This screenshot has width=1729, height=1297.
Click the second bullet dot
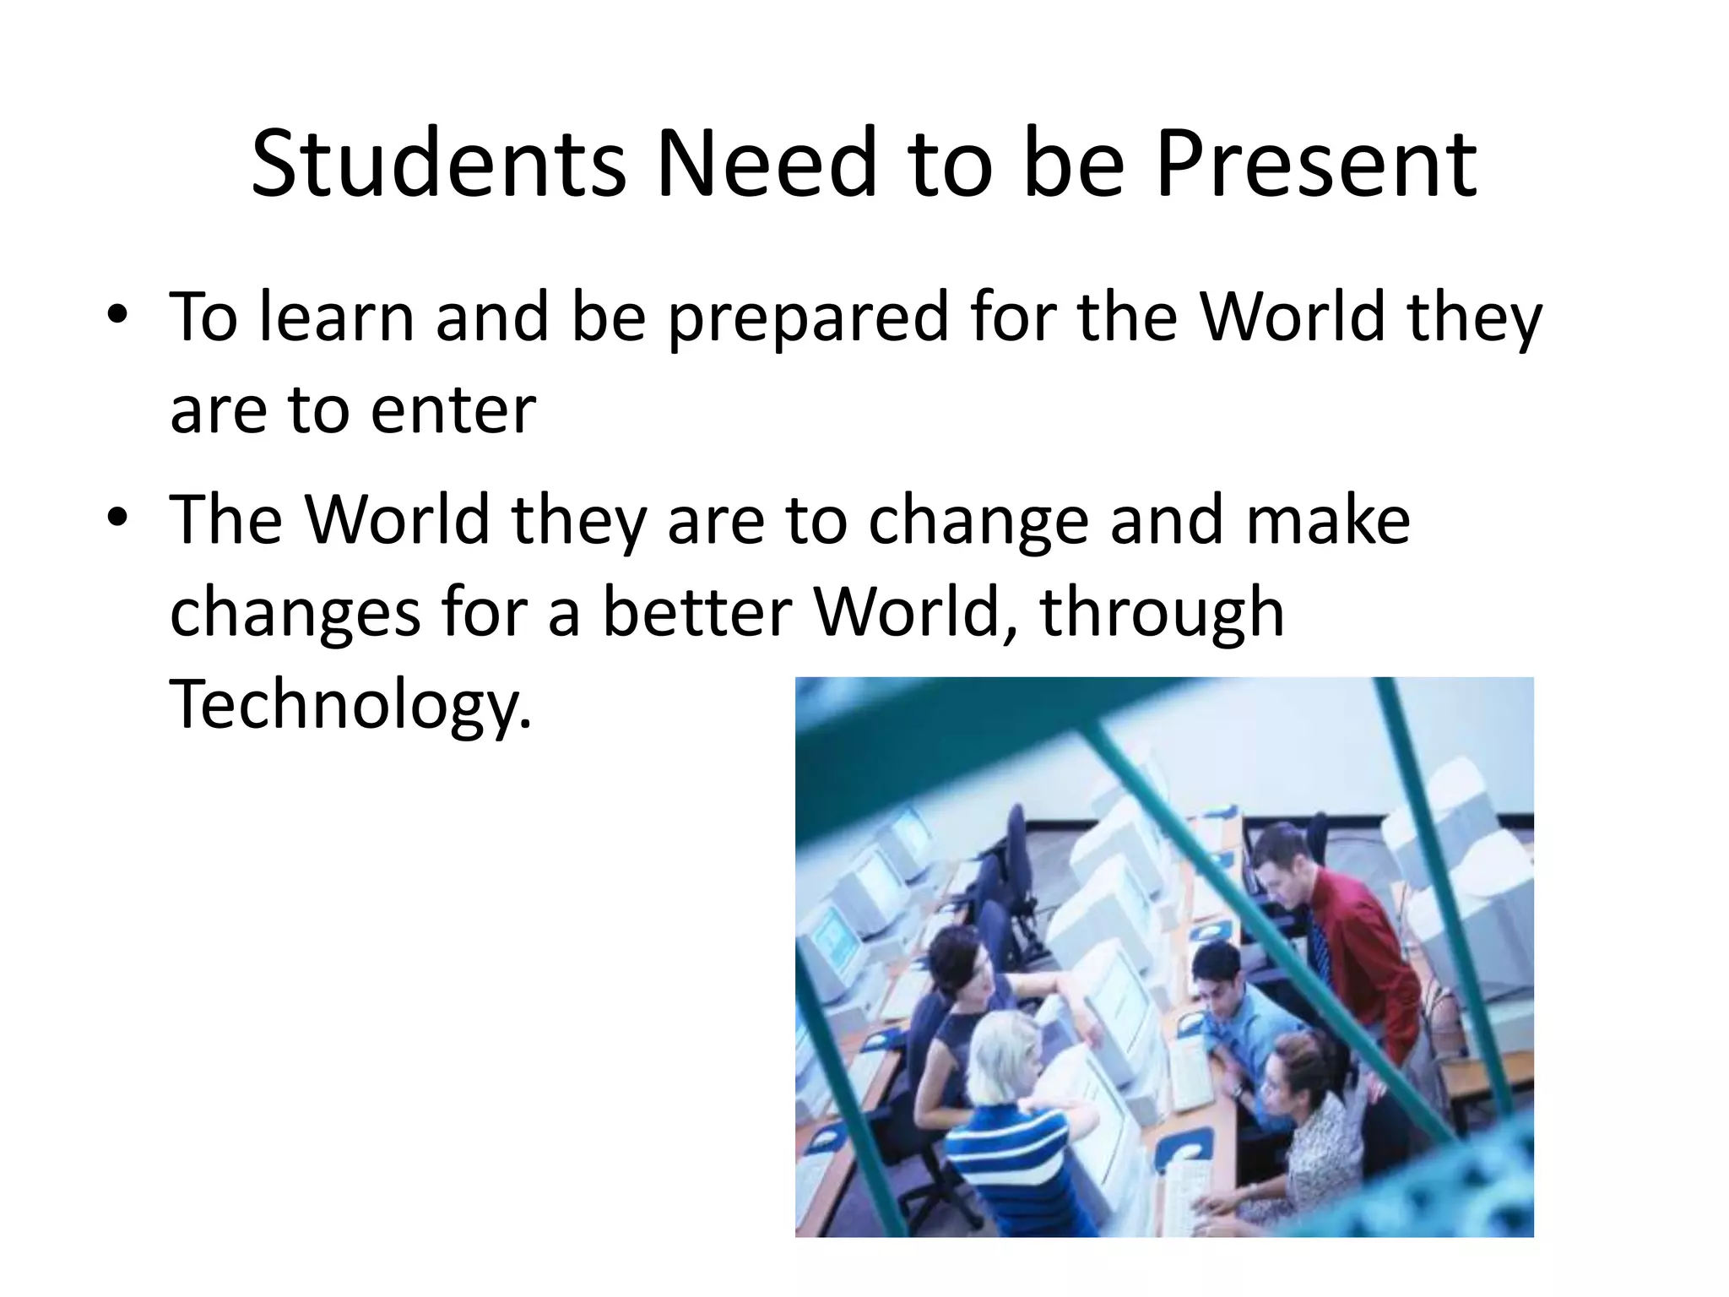click(x=117, y=516)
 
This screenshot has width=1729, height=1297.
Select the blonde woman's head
click(x=1005, y=1056)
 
